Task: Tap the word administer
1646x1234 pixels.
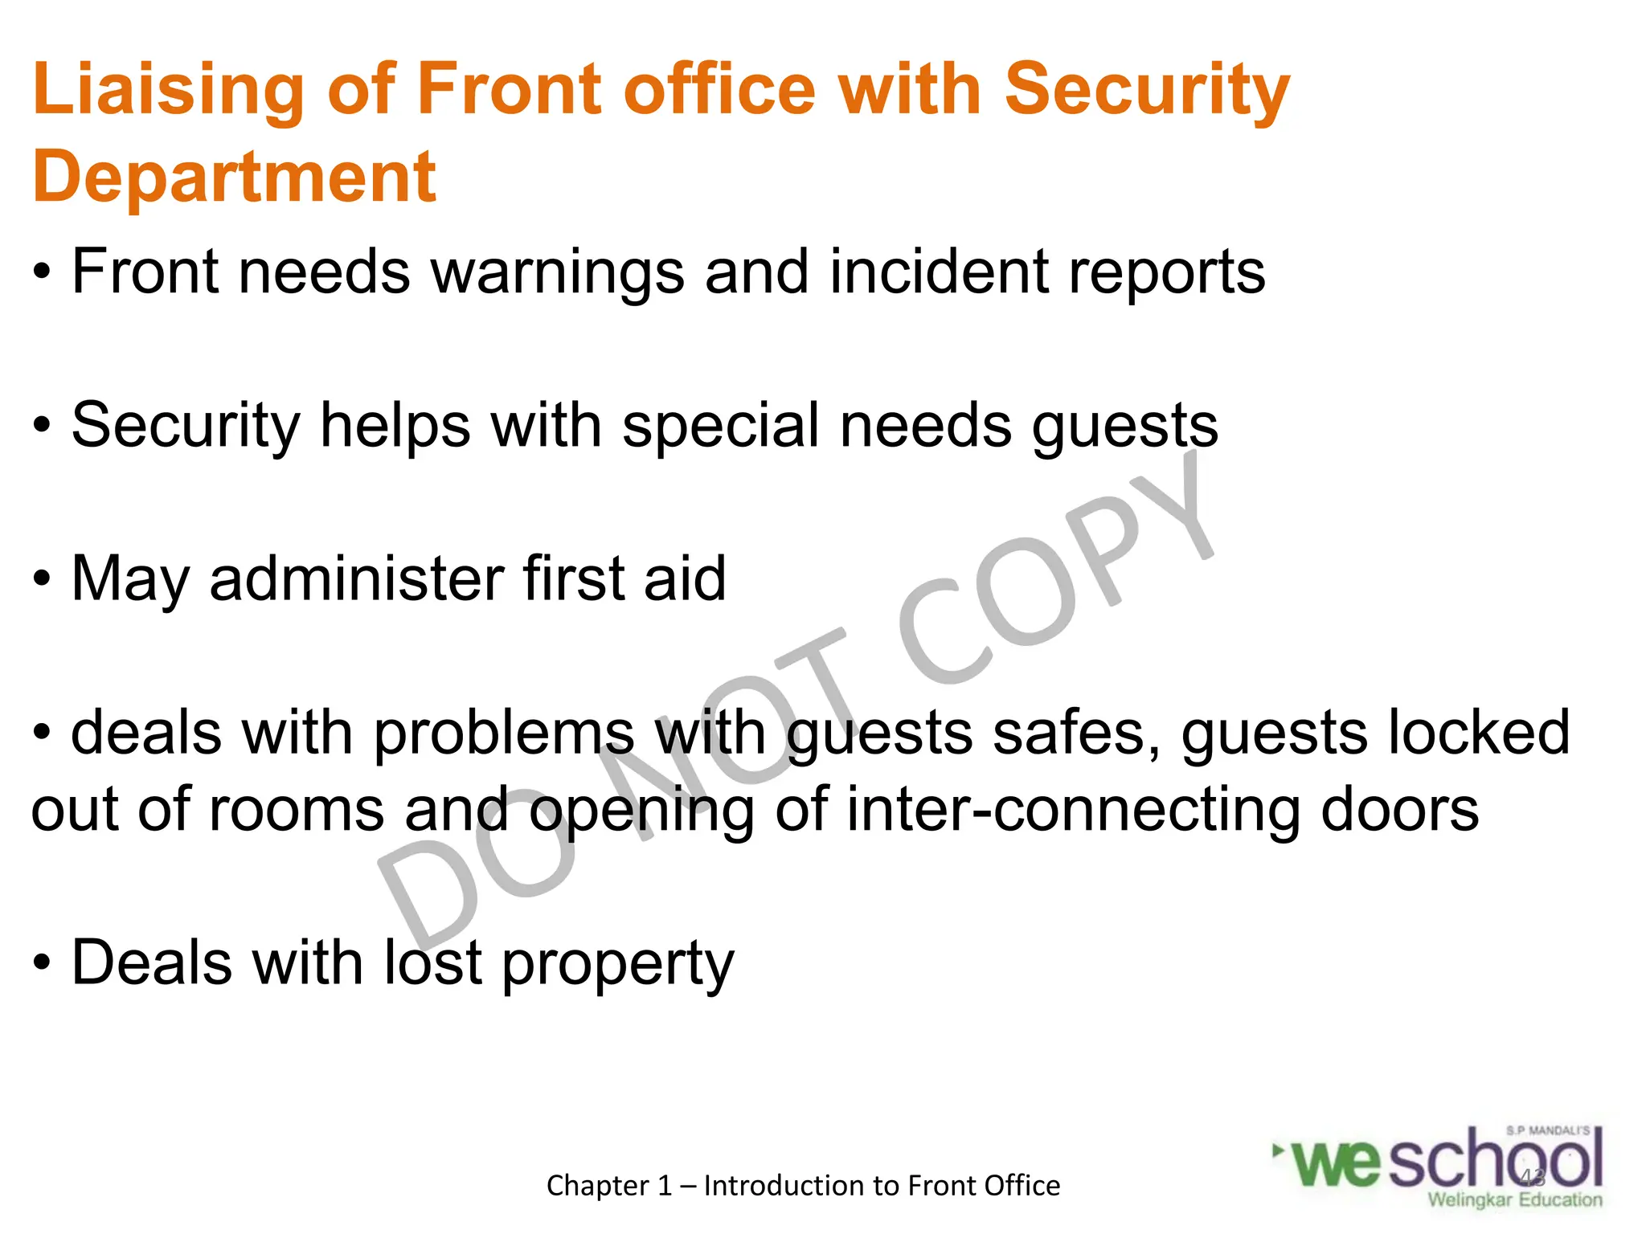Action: point(356,578)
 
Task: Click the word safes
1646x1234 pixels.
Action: point(1076,733)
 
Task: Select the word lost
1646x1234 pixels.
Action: point(433,962)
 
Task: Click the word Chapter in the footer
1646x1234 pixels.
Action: point(598,1186)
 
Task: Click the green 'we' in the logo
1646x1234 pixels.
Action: point(1337,1163)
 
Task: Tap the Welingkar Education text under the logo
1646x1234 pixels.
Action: point(1515,1199)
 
